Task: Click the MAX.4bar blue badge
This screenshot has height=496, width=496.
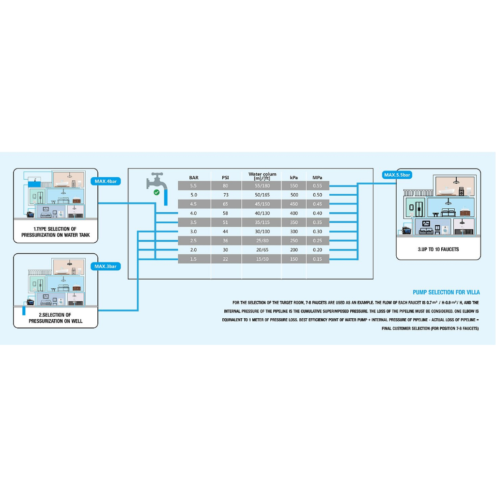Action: [x=105, y=182]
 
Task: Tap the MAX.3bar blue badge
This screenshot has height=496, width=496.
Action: [x=105, y=266]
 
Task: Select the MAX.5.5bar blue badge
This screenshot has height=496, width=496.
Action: [x=397, y=175]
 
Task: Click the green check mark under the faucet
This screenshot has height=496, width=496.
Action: [x=156, y=192]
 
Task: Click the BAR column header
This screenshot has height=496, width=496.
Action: [x=193, y=178]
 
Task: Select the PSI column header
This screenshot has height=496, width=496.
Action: [x=225, y=178]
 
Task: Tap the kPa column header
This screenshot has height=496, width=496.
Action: [x=294, y=178]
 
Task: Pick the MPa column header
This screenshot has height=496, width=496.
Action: [x=317, y=178]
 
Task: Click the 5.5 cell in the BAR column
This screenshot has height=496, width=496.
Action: [x=193, y=186]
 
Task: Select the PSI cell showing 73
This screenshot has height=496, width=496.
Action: [x=225, y=195]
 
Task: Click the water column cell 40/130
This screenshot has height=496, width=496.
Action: [x=262, y=213]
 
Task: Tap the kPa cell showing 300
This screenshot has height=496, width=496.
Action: [x=294, y=232]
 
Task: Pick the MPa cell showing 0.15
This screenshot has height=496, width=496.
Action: [x=317, y=259]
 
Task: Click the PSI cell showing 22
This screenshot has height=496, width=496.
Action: [x=225, y=259]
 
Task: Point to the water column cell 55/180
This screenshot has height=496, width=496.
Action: [x=262, y=186]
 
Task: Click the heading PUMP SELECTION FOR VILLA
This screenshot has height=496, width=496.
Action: [x=446, y=293]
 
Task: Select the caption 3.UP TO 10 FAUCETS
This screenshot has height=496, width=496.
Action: [x=438, y=249]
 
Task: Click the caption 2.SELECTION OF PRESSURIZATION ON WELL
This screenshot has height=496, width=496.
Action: [x=55, y=318]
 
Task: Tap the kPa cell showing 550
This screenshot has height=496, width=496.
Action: [x=294, y=186]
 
